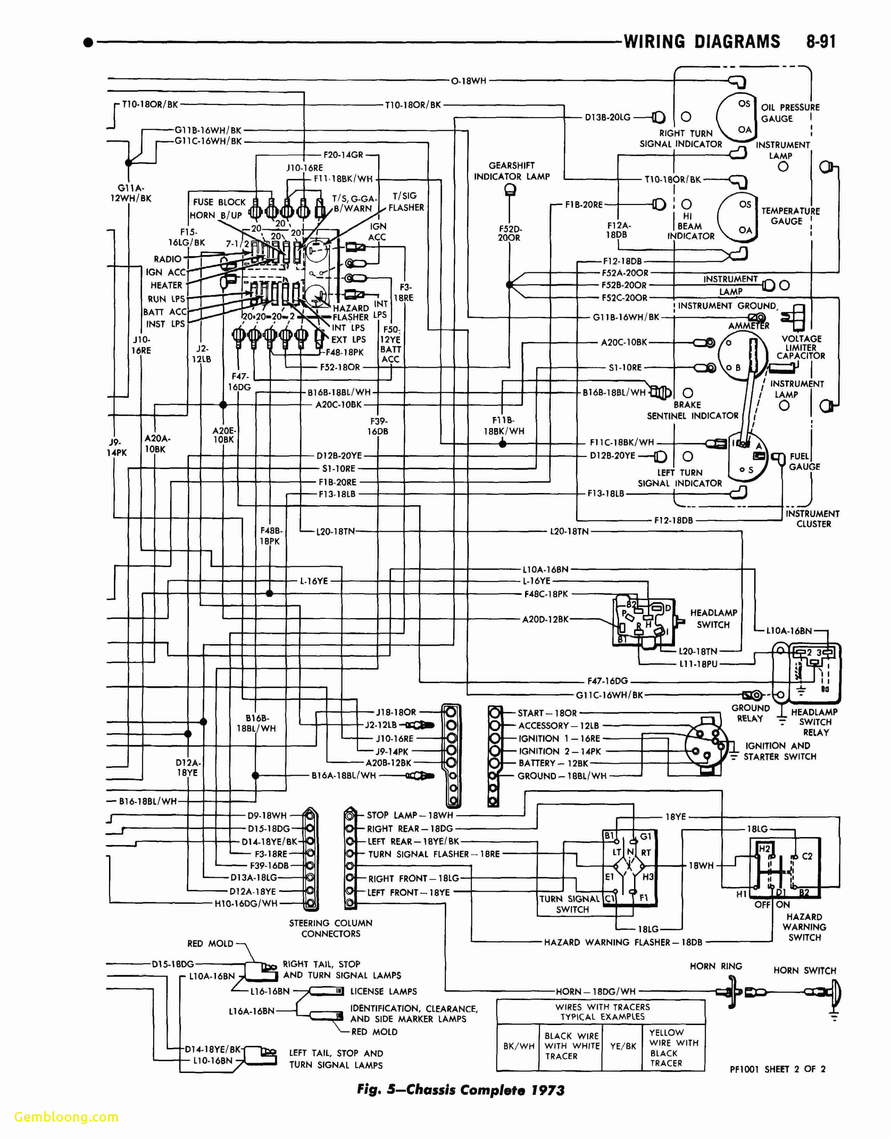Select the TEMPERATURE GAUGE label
coord(790,215)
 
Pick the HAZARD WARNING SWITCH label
coord(804,927)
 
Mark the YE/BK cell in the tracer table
coord(623,1046)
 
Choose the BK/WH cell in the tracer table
coord(518,1046)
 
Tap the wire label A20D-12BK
coord(545,619)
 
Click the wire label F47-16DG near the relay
coord(607,681)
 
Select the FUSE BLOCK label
coord(219,202)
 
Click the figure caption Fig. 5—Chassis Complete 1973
coord(461,1090)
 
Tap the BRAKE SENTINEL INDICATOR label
coord(692,410)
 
